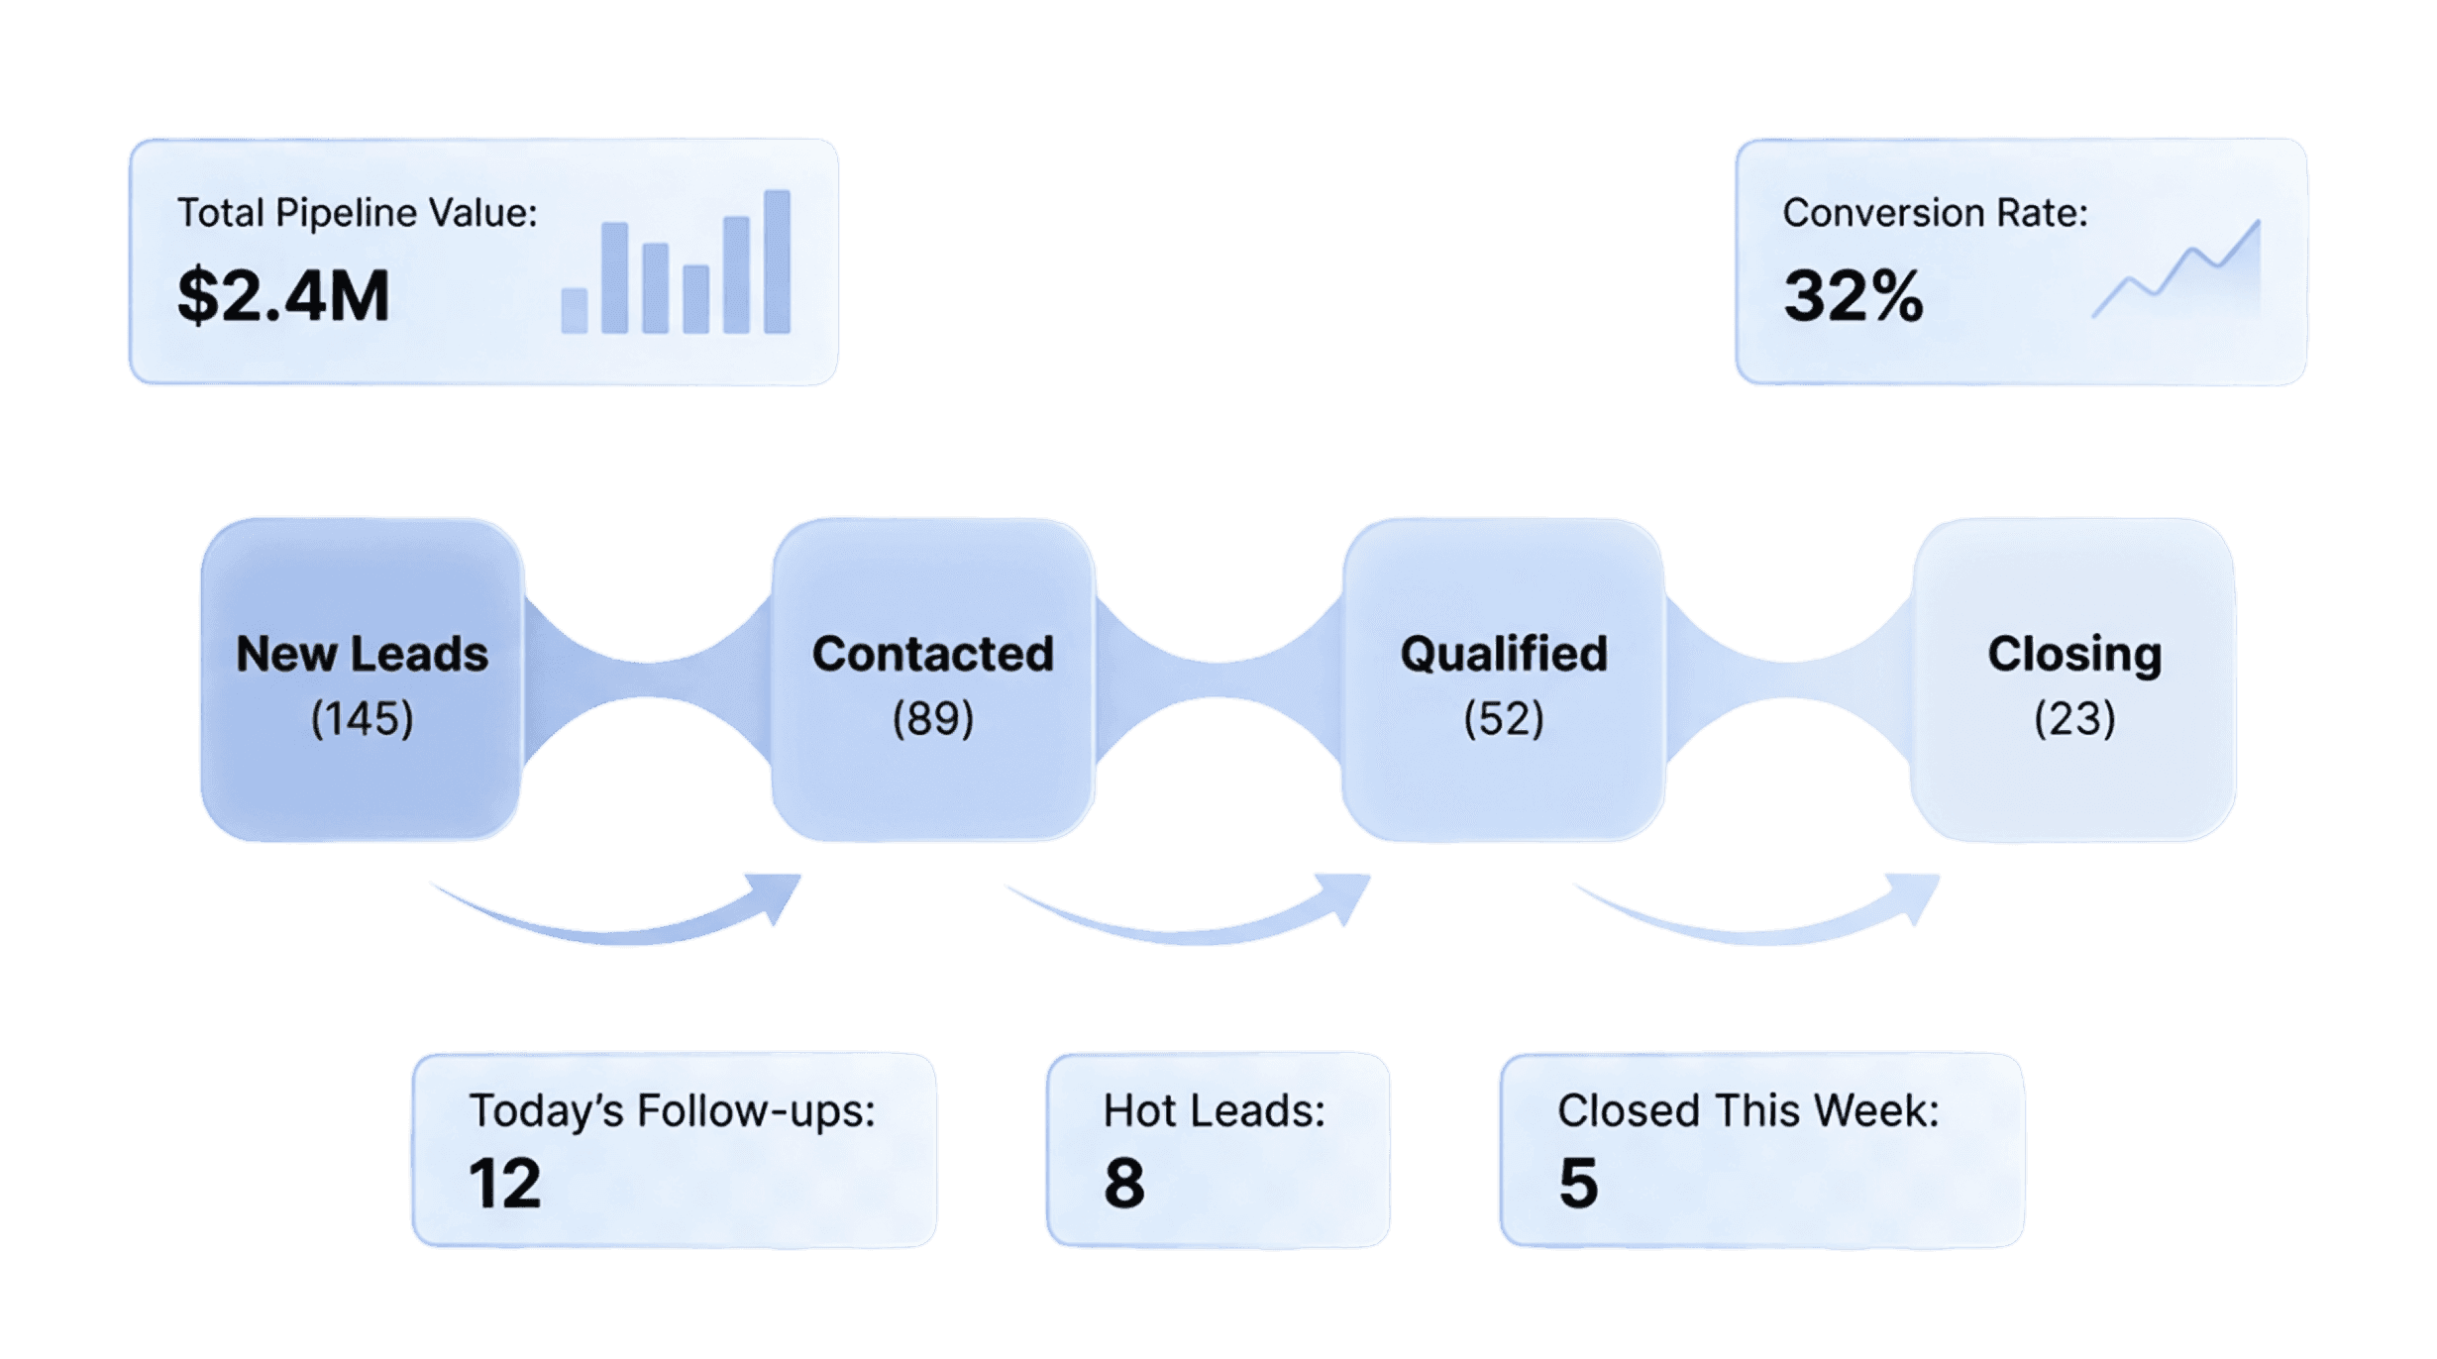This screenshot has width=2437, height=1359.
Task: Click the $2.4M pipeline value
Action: click(283, 296)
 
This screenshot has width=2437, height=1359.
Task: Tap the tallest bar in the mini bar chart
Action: click(778, 261)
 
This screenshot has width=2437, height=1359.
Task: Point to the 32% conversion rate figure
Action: click(1853, 296)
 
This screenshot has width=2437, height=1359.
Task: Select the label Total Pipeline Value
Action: click(357, 213)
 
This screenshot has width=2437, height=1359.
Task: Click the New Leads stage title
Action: click(362, 654)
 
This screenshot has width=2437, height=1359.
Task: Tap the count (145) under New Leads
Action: click(362, 718)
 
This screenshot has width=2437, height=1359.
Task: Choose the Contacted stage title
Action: click(932, 654)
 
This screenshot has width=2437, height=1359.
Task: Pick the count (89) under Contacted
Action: click(932, 718)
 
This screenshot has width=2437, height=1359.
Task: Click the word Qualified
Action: click(1503, 654)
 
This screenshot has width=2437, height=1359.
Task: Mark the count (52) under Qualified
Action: click(1503, 718)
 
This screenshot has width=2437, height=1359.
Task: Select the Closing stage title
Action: click(2074, 654)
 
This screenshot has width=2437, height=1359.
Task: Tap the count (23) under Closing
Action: click(2074, 718)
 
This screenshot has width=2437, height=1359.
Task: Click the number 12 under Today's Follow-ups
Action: click(504, 1183)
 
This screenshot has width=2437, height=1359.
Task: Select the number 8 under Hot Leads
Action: click(1124, 1183)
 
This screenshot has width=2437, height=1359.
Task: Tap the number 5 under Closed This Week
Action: click(1578, 1183)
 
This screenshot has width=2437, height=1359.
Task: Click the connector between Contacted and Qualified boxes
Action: click(1218, 679)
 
